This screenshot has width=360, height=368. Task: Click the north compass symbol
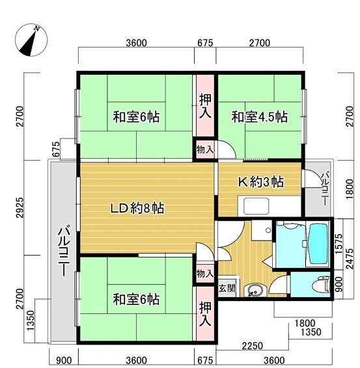click(31, 40)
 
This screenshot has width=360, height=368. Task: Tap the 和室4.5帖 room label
click(260, 116)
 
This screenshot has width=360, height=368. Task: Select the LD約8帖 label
click(137, 208)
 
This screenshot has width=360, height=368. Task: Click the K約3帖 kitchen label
click(261, 181)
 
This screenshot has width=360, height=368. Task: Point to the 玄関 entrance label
click(227, 288)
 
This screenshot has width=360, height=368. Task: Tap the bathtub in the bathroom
click(318, 244)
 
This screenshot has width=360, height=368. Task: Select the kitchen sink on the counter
click(256, 206)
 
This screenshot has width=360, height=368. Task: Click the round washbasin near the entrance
click(254, 290)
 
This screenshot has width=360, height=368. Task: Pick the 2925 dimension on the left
click(20, 208)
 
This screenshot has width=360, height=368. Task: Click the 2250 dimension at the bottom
click(252, 346)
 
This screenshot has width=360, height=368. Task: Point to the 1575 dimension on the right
click(339, 243)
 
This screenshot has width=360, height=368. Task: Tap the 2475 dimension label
click(350, 259)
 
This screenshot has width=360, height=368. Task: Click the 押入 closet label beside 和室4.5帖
click(205, 106)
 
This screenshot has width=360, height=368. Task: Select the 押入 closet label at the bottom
click(205, 314)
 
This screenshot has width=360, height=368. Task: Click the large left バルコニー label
click(64, 251)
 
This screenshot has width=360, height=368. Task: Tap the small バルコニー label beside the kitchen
click(325, 189)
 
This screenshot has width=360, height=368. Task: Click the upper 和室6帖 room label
click(136, 116)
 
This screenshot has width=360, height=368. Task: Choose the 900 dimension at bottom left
click(64, 360)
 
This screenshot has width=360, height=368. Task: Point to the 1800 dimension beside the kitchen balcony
click(350, 189)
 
